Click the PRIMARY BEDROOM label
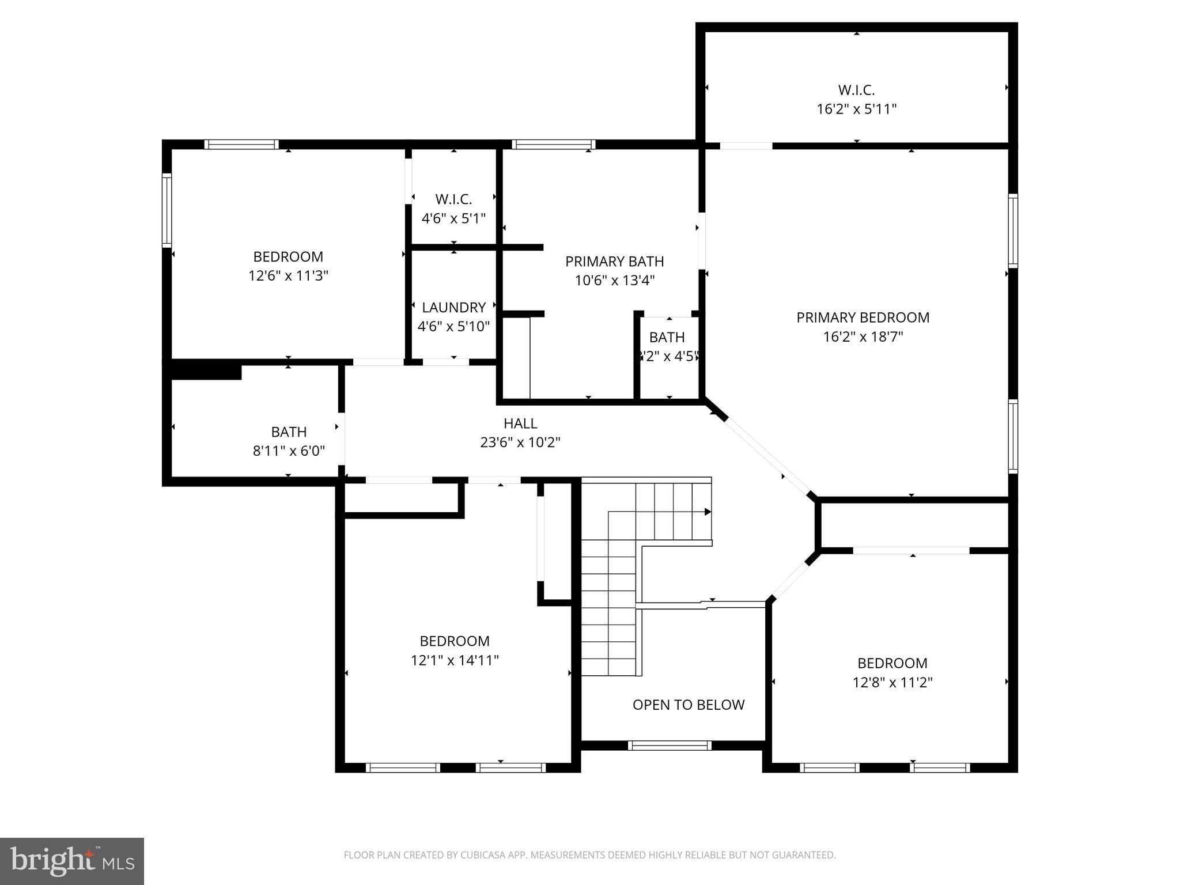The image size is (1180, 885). [863, 317]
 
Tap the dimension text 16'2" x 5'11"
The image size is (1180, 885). [856, 109]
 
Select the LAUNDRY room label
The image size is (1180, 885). [453, 308]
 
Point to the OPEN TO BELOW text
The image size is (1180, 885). [688, 705]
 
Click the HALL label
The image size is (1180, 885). [520, 423]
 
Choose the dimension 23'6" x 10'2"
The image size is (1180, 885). [520, 442]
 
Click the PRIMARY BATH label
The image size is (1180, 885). [614, 262]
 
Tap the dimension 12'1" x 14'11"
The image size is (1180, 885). [455, 660]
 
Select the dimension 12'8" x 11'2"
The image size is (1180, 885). [892, 683]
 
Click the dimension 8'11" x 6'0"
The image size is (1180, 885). [289, 451]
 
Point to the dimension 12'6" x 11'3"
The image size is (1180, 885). [288, 275]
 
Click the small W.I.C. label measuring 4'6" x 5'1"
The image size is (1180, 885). [453, 199]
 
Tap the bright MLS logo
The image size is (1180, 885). [71, 861]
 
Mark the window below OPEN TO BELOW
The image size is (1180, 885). [670, 745]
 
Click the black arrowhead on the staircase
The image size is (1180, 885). [708, 512]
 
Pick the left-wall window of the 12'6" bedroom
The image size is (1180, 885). [167, 210]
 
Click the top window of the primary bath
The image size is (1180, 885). [553, 144]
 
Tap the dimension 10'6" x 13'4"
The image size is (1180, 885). [614, 281]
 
